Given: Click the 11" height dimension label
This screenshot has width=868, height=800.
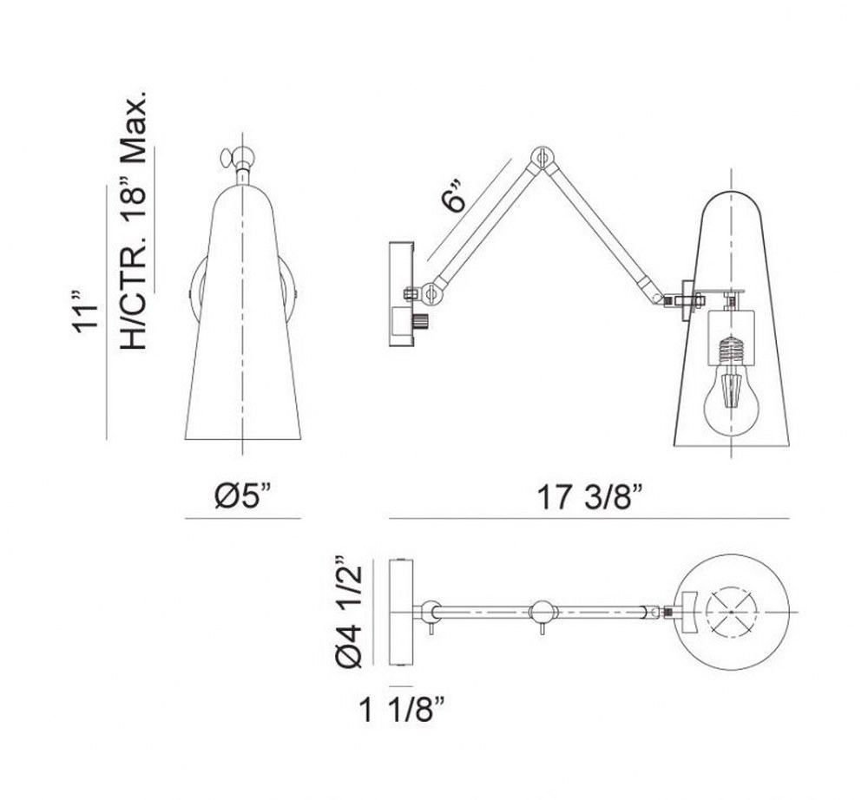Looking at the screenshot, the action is coord(85,311).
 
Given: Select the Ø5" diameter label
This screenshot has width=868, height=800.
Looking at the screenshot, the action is coord(244,495).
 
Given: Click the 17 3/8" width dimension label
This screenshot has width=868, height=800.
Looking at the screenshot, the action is coord(589,497).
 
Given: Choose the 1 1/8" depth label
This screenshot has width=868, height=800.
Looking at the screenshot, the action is coord(402,710).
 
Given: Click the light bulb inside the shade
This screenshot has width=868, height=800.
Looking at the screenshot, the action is coord(730,395).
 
